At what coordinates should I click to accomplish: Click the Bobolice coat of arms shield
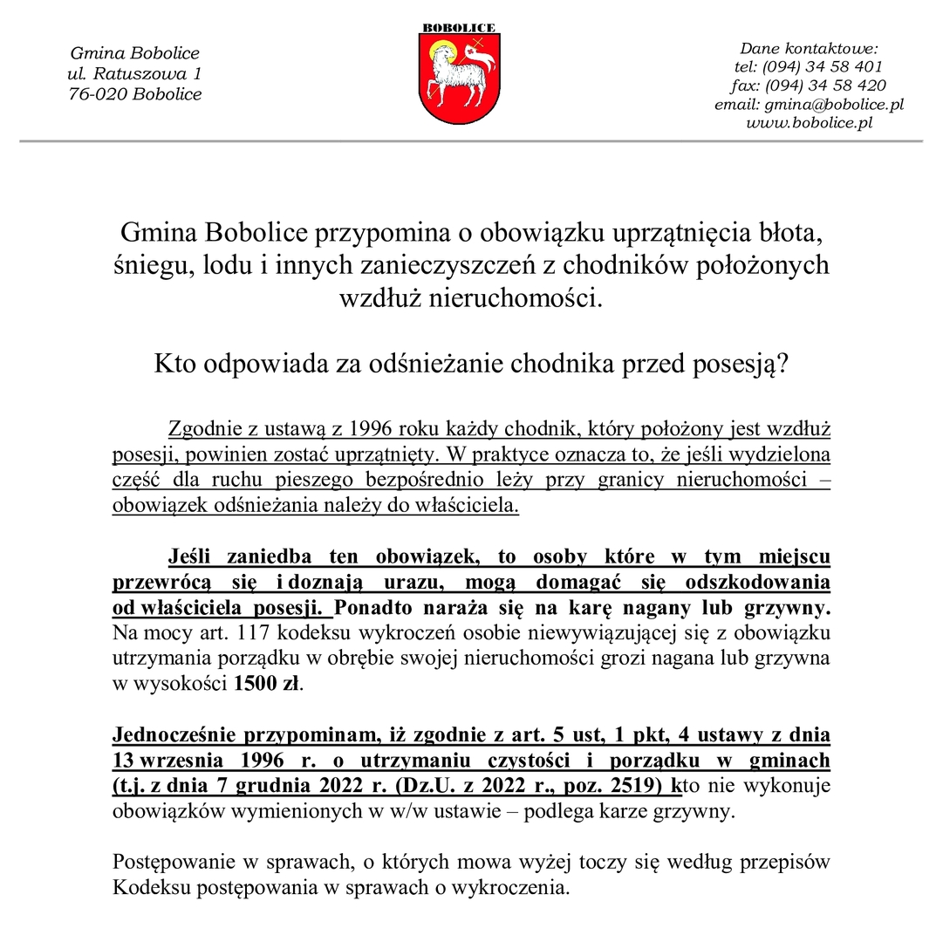tap(459, 82)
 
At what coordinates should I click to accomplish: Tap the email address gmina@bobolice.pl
tap(834, 104)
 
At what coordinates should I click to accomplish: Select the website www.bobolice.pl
tap(809, 123)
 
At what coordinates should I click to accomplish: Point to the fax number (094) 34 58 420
tap(825, 85)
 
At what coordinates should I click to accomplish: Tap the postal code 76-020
tap(99, 94)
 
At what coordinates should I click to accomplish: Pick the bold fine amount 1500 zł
tap(267, 684)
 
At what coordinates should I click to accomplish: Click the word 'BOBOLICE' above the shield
tap(459, 28)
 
